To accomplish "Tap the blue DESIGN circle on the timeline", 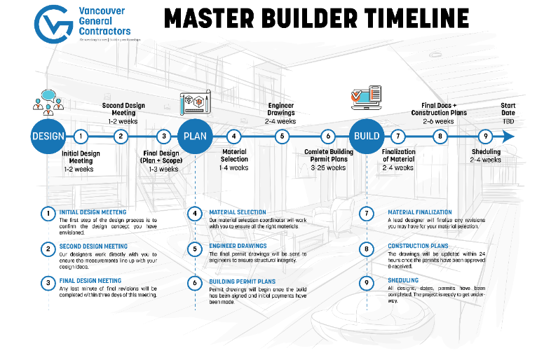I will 48,137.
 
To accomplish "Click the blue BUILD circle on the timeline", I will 367,137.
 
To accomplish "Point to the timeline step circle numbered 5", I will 282,137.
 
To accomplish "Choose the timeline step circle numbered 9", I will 483,137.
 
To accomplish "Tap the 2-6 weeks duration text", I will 440,120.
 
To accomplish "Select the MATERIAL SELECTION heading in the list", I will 238,212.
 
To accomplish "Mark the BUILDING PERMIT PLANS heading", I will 242,282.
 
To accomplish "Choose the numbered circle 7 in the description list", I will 367,213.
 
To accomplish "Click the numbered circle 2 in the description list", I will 48,248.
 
